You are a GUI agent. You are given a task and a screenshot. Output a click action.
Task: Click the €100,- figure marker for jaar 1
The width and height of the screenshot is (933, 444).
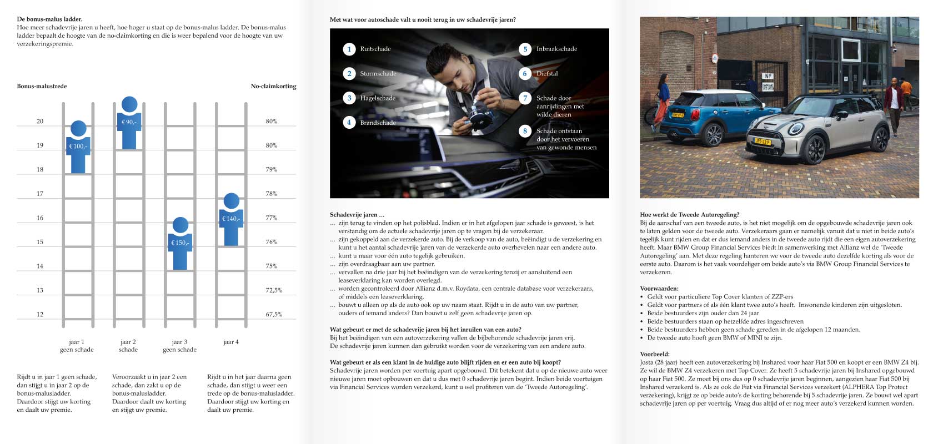[78, 147]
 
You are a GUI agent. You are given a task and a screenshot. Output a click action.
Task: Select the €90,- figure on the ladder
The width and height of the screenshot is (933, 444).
[129, 123]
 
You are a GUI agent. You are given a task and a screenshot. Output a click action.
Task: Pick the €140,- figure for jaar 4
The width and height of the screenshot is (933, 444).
[231, 219]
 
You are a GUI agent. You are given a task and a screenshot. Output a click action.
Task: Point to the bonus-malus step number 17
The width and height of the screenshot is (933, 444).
[40, 194]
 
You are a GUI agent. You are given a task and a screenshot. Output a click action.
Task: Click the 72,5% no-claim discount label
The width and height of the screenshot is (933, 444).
[274, 290]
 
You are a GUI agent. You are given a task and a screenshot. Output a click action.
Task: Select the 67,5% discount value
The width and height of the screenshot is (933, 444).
[274, 314]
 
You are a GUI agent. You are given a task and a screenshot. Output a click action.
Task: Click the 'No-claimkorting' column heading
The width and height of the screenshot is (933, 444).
[273, 86]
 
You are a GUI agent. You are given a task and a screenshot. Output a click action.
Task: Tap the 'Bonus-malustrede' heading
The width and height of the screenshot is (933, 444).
[42, 86]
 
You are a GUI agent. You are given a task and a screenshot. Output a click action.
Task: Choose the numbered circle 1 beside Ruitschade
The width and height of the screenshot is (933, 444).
[349, 49]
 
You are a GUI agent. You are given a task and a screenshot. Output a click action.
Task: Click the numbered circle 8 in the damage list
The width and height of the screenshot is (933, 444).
[525, 131]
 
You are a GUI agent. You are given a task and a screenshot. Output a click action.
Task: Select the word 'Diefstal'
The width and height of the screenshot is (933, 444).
[547, 73]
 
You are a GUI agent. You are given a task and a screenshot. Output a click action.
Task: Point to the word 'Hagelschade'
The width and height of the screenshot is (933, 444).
[378, 98]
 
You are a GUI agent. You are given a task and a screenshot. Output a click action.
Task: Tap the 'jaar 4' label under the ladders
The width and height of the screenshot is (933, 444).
[231, 342]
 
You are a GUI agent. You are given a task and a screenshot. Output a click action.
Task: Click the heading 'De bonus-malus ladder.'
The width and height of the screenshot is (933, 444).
[50, 19]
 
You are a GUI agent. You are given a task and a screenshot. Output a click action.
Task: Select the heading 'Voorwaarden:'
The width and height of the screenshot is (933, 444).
[659, 289]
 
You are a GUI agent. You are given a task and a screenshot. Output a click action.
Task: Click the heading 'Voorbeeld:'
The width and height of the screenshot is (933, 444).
[655, 354]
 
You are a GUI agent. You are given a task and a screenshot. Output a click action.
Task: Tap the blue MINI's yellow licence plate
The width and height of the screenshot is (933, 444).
[678, 115]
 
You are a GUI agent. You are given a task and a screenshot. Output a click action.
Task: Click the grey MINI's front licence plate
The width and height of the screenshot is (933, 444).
[762, 142]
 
